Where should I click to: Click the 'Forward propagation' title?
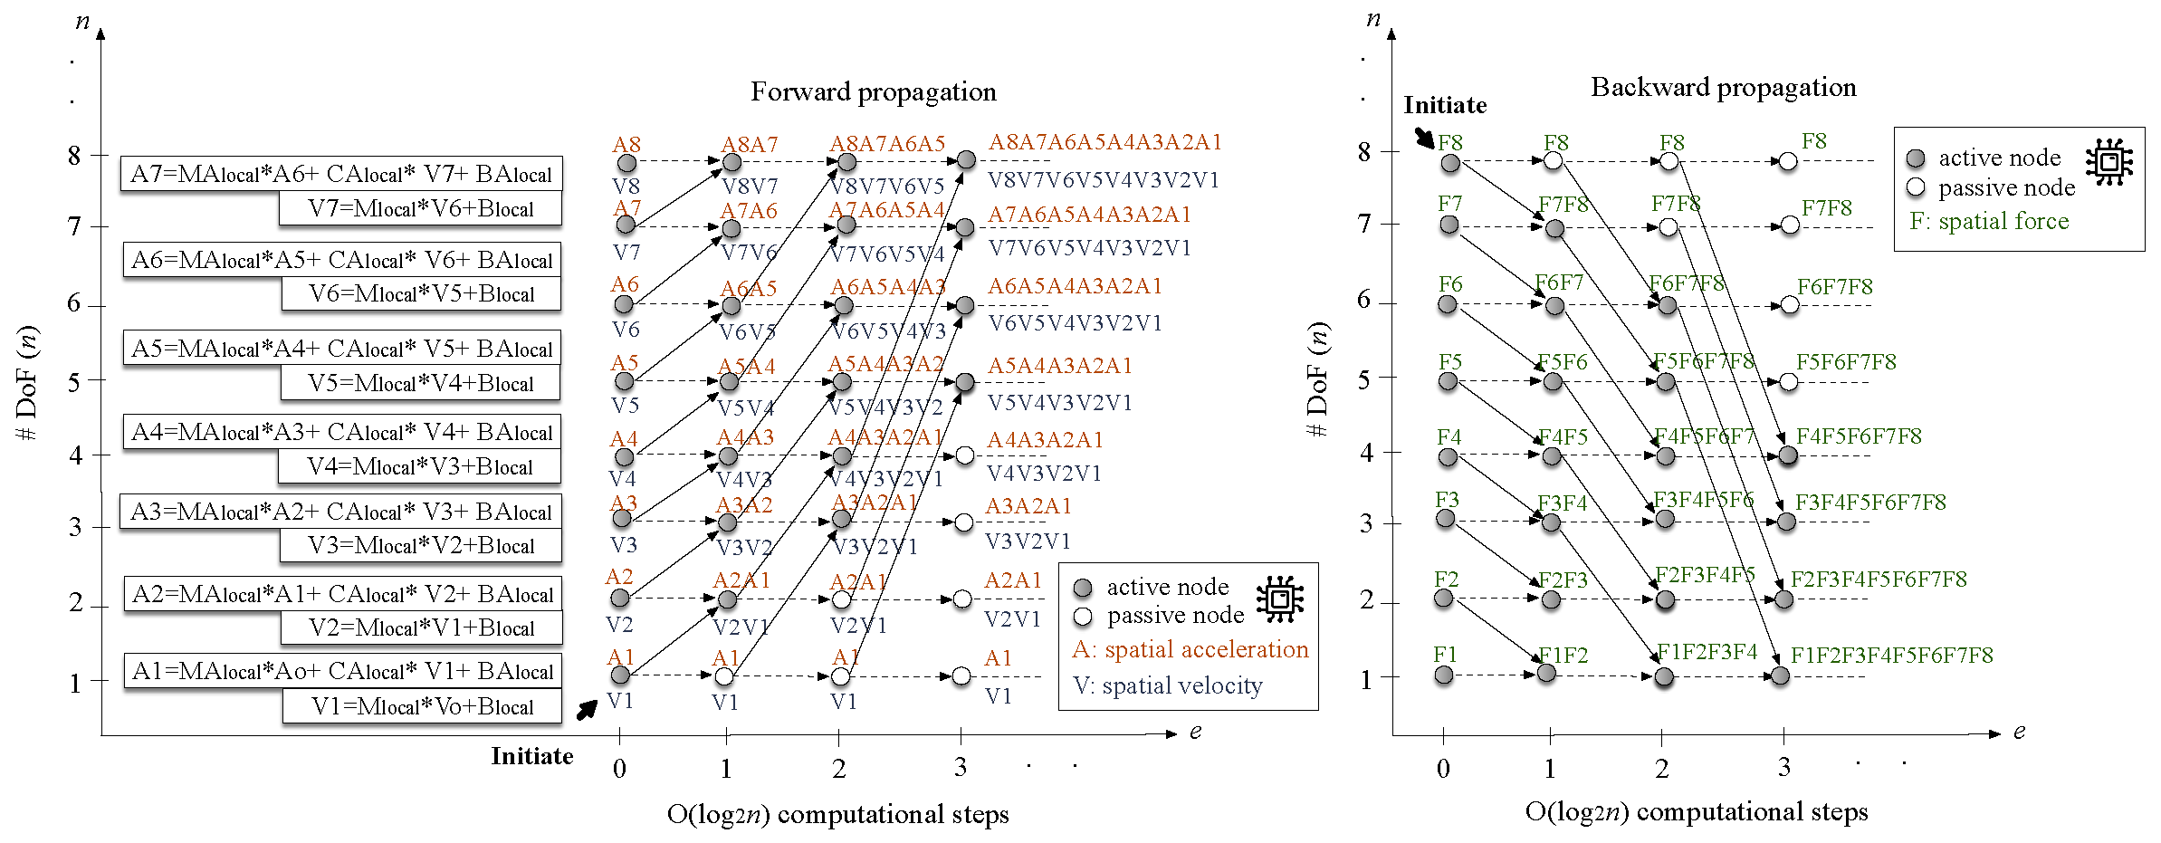point(873,91)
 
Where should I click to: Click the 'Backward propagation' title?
point(1723,87)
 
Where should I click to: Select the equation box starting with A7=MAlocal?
point(341,174)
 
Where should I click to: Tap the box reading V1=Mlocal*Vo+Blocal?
point(422,706)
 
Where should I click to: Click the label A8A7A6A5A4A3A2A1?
point(1104,142)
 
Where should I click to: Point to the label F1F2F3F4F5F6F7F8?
point(1891,655)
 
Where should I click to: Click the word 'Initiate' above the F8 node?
point(1445,105)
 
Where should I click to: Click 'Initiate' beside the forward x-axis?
point(532,756)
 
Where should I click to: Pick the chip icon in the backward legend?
point(2109,162)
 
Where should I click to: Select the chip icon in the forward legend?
point(1279,599)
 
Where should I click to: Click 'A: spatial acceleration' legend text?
point(1190,649)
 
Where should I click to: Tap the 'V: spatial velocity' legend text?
point(1167,685)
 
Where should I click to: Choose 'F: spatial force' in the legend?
point(1989,221)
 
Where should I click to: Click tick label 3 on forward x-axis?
point(960,767)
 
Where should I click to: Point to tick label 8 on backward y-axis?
point(1364,152)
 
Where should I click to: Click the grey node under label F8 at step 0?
point(1450,163)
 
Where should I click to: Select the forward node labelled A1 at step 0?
point(620,675)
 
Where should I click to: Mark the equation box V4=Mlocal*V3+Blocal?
point(420,466)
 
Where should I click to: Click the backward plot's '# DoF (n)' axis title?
point(1317,379)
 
